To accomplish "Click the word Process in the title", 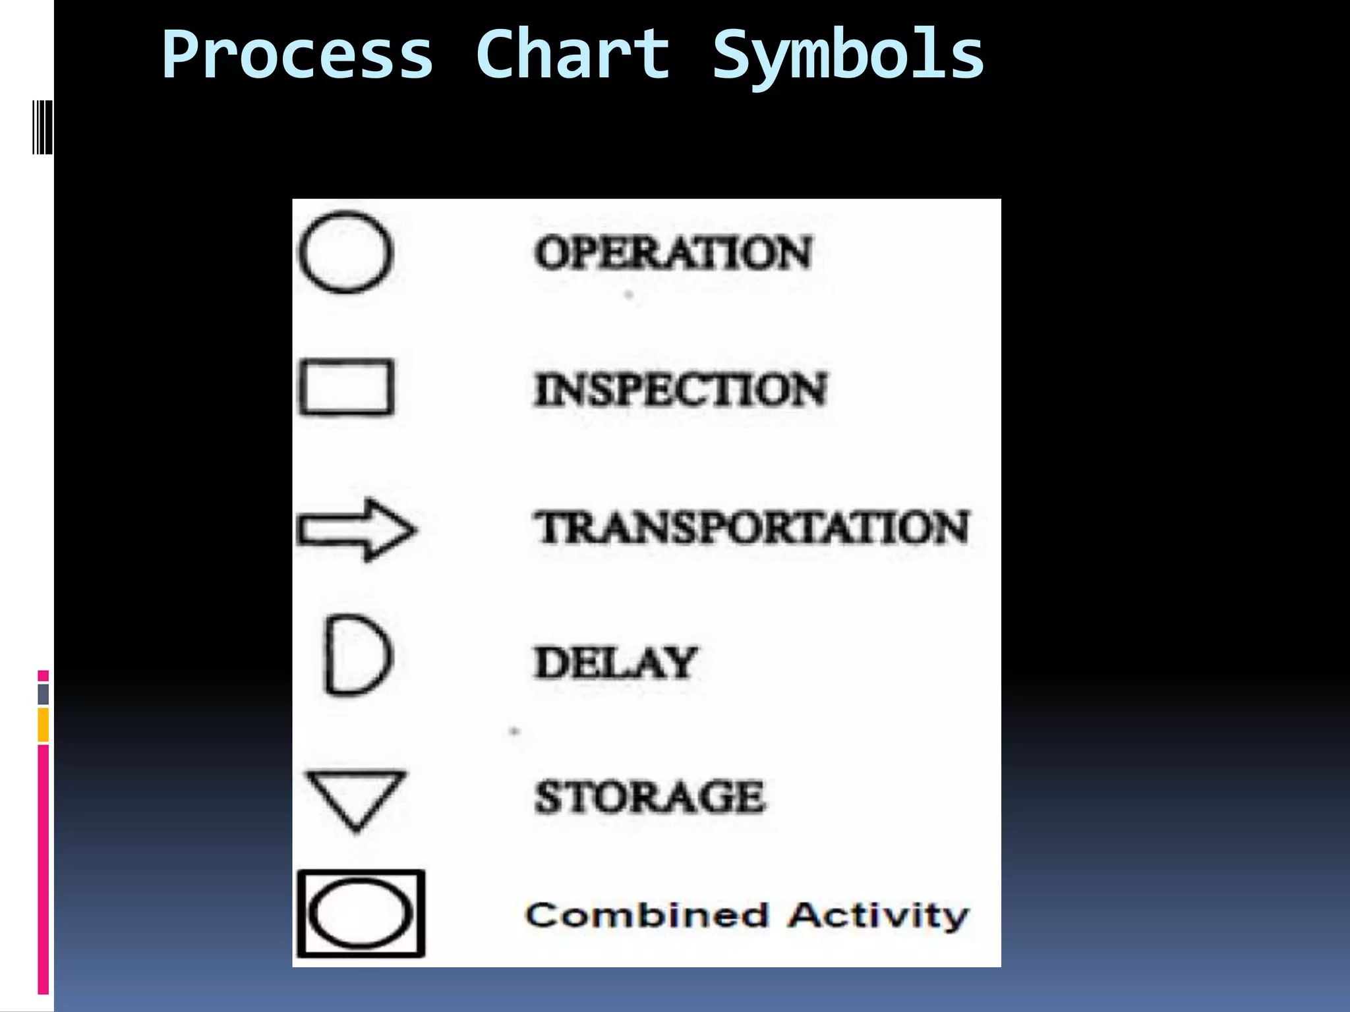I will [298, 55].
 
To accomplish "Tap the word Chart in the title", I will [572, 55].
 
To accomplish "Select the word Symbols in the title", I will [848, 55].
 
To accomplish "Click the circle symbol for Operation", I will [346, 252].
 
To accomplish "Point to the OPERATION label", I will [672, 253].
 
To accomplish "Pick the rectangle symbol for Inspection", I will [347, 387].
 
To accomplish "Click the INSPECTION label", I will [680, 389].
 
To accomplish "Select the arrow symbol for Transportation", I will [357, 530].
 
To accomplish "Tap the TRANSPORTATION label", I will [751, 528].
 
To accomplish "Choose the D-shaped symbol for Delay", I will [358, 656].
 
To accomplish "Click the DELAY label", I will [614, 662].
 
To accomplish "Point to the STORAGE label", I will [649, 797].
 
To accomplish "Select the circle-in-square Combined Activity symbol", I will [361, 914].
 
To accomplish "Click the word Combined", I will [647, 916].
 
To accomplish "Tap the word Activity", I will [879, 916].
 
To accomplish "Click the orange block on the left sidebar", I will [44, 725].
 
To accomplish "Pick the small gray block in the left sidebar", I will [44, 694].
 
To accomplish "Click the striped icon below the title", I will [42, 127].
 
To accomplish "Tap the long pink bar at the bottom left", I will [44, 870].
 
